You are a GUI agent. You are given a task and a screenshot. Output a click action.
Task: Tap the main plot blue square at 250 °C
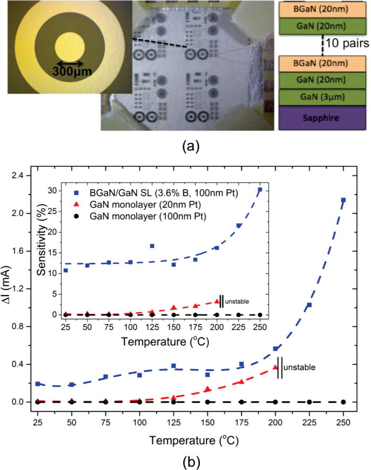pyautogui.click(x=343, y=200)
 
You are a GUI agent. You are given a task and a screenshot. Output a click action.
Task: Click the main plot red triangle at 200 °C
pyautogui.click(x=275, y=367)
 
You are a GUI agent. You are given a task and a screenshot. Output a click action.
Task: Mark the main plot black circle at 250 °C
pyautogui.click(x=343, y=402)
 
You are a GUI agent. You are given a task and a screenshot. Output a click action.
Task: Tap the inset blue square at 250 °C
pyautogui.click(x=260, y=190)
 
